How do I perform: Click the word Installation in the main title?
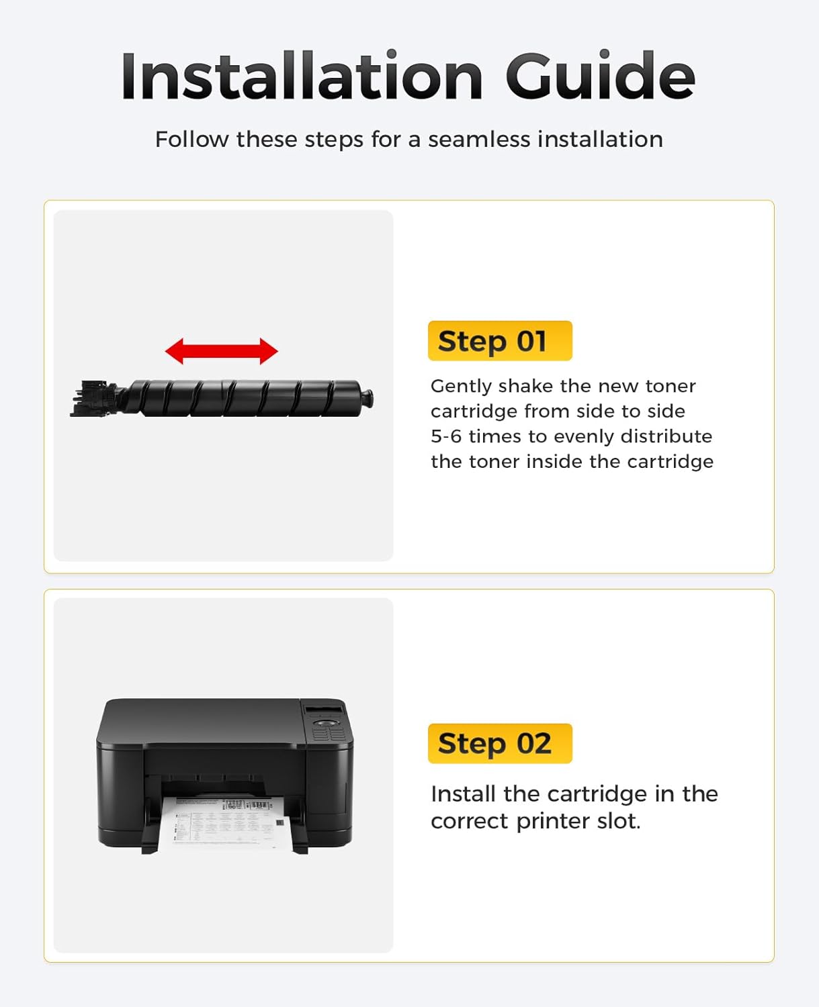[302, 76]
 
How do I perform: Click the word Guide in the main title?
[601, 76]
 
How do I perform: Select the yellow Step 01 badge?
[500, 341]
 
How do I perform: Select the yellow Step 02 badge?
[500, 743]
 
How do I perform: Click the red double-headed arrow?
[222, 351]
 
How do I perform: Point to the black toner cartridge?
[222, 398]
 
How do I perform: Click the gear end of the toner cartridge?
[95, 398]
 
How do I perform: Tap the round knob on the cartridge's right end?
[367, 398]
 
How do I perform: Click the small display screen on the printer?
[324, 710]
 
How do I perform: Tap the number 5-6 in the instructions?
[445, 436]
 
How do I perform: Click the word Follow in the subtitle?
[191, 140]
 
